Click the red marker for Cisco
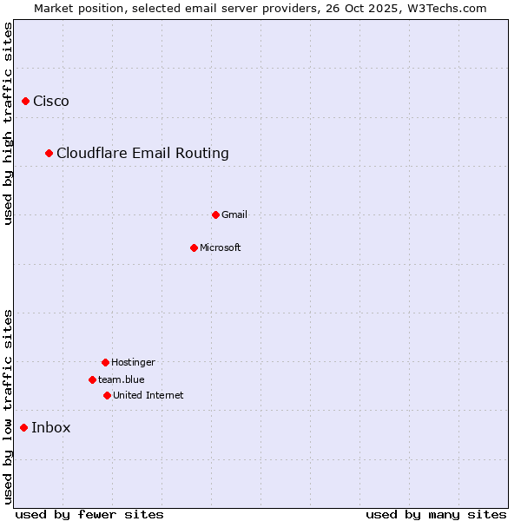tap(25, 102)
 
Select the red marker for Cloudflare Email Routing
tap(49, 154)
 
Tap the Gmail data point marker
tap(216, 214)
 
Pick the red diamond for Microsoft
tap(194, 247)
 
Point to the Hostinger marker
tap(105, 362)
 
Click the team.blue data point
tap(92, 379)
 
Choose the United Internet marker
tap(107, 395)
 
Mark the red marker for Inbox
tap(23, 427)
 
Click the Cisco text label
tap(51, 102)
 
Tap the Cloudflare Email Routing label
tap(142, 154)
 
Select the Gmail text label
tap(234, 214)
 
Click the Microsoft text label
tap(221, 247)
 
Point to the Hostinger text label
tap(133, 362)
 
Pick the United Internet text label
tap(148, 395)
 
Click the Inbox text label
tap(51, 427)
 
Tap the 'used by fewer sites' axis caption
tap(89, 514)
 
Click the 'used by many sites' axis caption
tap(436, 514)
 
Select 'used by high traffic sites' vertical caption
tap(8, 123)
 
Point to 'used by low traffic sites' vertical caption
tap(8, 406)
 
